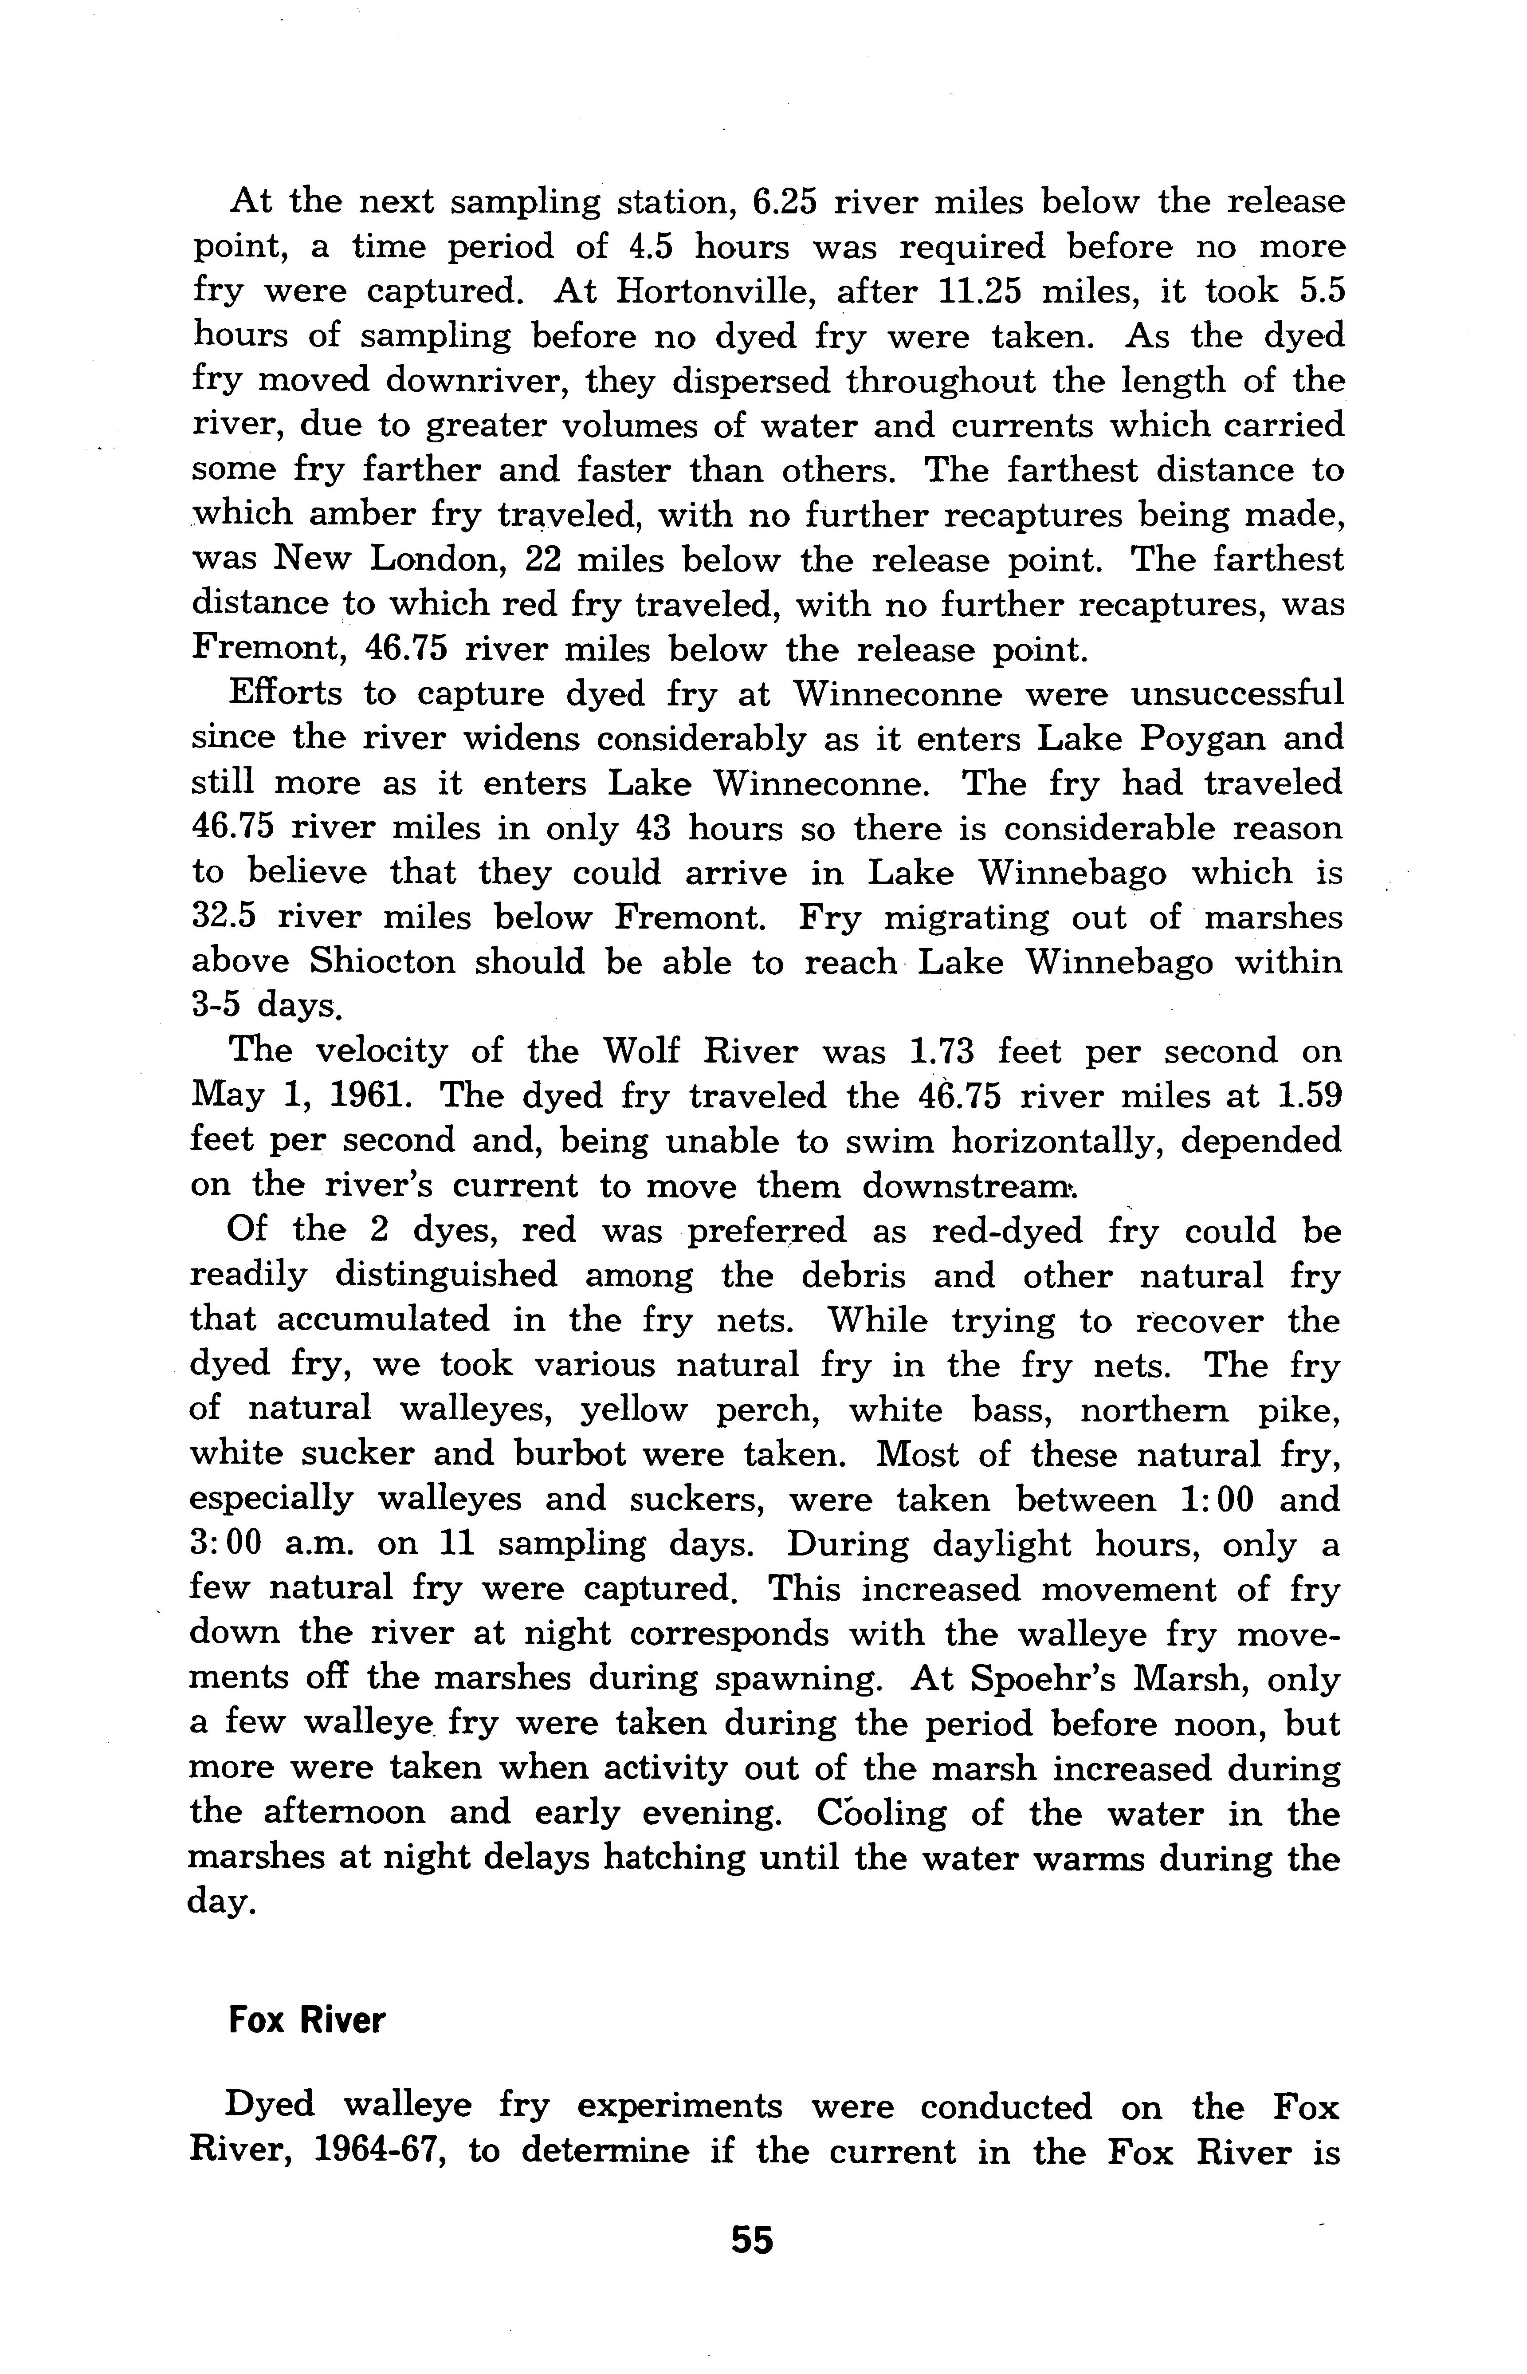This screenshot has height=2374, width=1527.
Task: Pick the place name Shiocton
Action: [382, 962]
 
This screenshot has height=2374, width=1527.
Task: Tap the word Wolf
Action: [651, 1050]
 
